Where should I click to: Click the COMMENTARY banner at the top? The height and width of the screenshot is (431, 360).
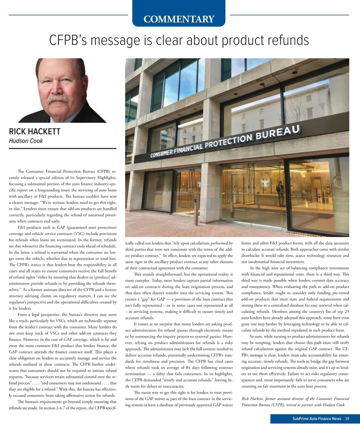tap(179, 19)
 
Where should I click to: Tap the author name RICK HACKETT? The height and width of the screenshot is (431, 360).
tap(34, 132)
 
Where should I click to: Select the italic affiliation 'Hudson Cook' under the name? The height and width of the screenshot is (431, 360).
tap(26, 141)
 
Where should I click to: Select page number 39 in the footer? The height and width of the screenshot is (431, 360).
tap(347, 419)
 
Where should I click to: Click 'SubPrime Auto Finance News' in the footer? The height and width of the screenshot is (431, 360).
tap(317, 419)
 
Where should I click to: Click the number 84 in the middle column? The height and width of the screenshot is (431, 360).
tap(188, 368)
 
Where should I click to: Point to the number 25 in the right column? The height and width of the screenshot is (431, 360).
tap(347, 312)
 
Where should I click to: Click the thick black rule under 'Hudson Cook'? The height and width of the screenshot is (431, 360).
tap(63, 148)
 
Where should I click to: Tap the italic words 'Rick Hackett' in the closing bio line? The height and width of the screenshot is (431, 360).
tap(252, 399)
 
